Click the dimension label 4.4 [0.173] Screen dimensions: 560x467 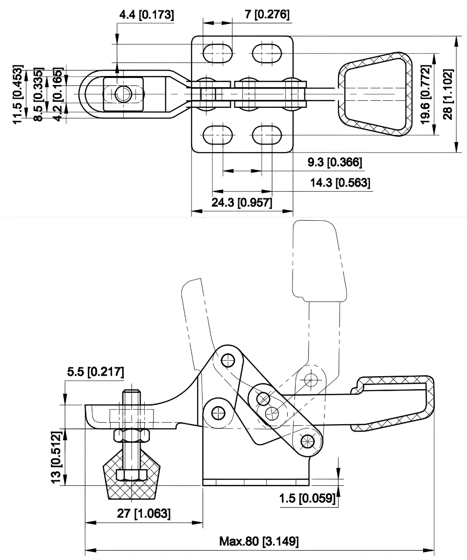point(147,15)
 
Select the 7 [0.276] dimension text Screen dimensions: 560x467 point(267,15)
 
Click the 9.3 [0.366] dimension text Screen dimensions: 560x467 point(335,163)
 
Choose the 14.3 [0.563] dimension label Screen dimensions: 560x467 point(341,182)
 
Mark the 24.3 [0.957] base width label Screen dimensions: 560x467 point(242,203)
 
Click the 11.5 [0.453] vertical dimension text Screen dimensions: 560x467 point(18,95)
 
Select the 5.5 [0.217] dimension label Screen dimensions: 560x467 point(95,372)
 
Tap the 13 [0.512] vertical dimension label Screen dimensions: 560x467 point(56,457)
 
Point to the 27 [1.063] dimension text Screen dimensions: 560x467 point(144,514)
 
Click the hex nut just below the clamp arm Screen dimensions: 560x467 point(132,435)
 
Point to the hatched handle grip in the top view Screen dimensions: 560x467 point(375,95)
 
